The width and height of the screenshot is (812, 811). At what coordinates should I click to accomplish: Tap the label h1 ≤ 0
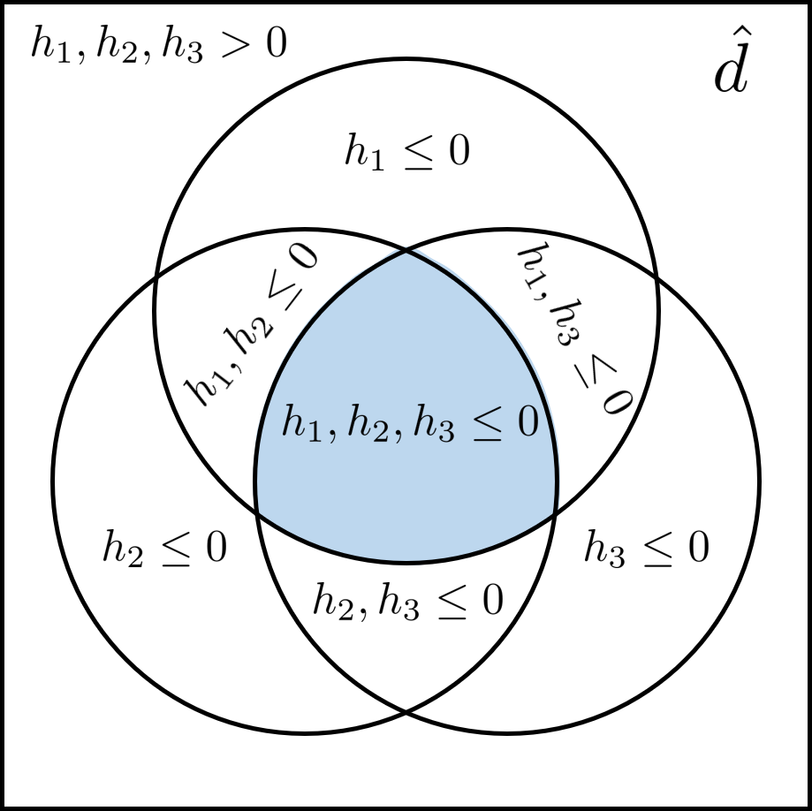pos(406,153)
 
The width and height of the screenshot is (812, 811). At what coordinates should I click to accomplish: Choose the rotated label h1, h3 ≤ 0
pos(573,330)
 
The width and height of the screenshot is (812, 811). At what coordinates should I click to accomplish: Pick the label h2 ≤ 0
pos(164,549)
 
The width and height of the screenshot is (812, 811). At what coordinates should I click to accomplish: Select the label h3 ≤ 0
pos(646,549)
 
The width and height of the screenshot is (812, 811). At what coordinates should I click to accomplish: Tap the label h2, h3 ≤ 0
pos(407,602)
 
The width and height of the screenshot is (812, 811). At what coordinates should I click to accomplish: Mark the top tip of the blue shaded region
pos(406,252)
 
